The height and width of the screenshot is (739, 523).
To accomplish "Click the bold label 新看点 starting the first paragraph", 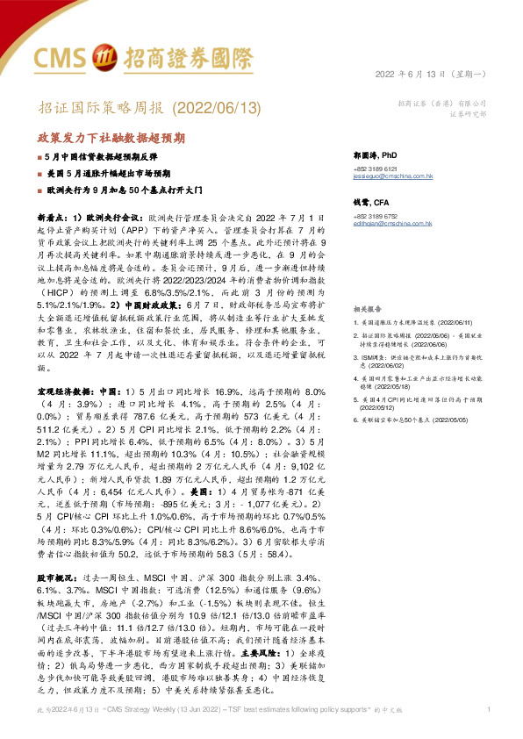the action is [53, 215].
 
